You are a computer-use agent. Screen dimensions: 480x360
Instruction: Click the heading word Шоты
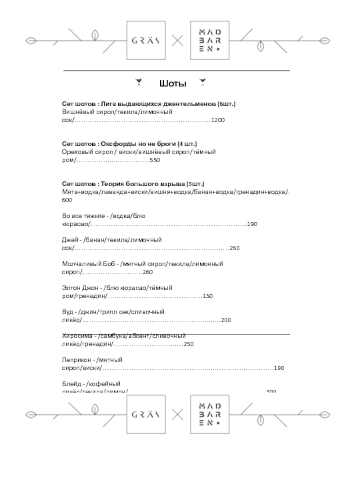[x=173, y=84]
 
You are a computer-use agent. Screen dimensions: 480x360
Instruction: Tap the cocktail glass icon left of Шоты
[x=139, y=82]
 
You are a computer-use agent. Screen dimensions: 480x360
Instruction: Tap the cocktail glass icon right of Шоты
[x=202, y=82]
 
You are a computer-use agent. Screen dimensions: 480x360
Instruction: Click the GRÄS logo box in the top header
[x=146, y=40]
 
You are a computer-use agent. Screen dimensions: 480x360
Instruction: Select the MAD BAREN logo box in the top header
[x=209, y=40]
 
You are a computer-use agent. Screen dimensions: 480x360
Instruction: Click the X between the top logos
[x=178, y=40]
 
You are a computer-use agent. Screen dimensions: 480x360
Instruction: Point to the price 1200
[x=218, y=121]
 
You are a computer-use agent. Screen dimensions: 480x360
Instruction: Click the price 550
[x=155, y=160]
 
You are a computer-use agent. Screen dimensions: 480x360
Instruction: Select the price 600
[x=67, y=200]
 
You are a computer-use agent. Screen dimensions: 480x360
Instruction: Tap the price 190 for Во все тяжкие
[x=252, y=224]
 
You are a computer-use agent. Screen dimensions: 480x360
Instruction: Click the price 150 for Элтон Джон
[x=207, y=296]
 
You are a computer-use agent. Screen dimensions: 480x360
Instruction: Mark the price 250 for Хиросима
[x=189, y=344]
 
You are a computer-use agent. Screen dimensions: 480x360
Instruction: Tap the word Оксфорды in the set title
[x=116, y=144]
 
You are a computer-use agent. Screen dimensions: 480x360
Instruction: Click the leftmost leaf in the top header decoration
[x=31, y=40]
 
